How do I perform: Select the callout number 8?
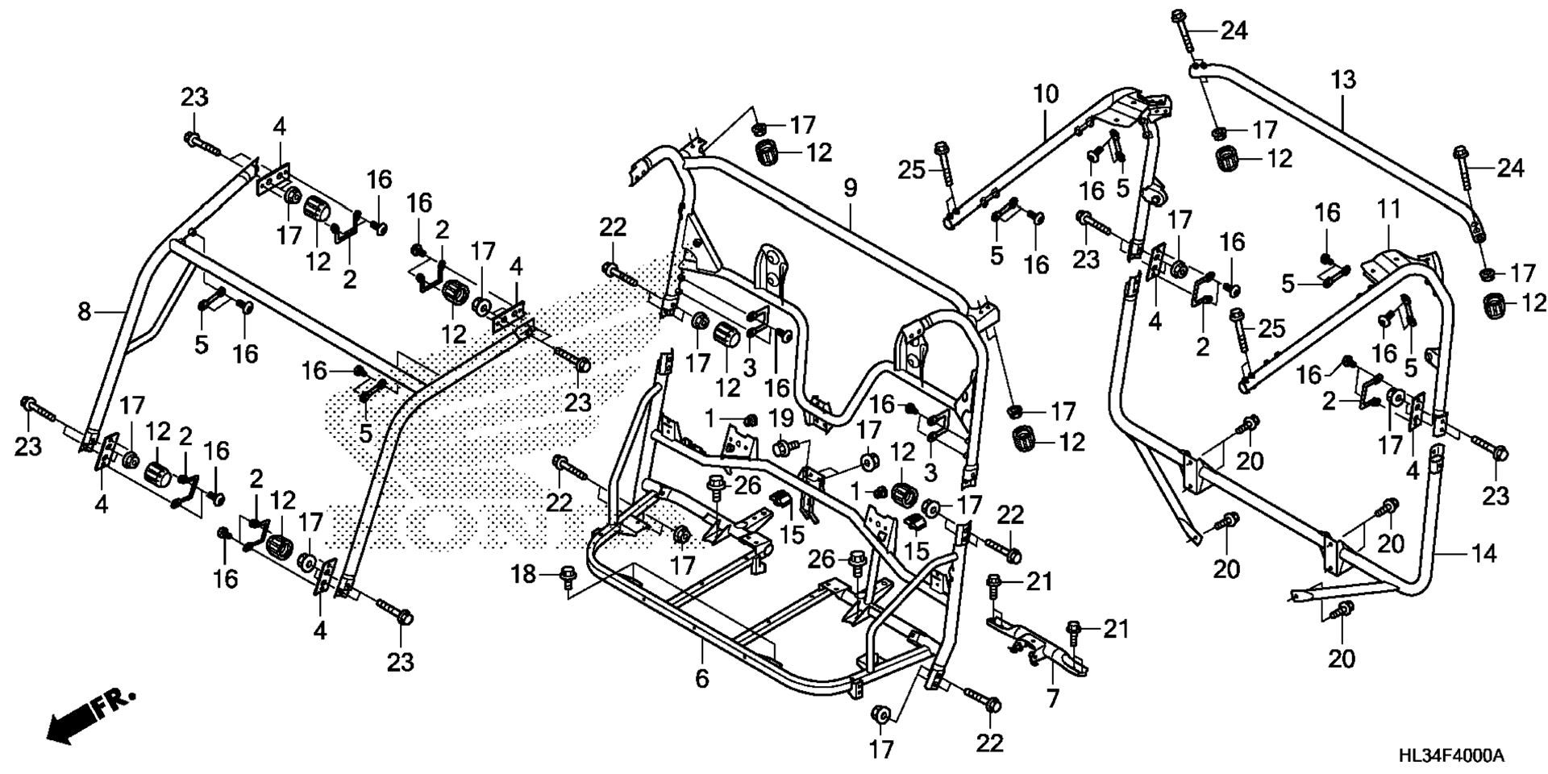pyautogui.click(x=85, y=311)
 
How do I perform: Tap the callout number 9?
pyautogui.click(x=850, y=189)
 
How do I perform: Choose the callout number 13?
pyautogui.click(x=1343, y=80)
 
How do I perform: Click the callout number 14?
pyautogui.click(x=1484, y=553)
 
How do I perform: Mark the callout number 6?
pyautogui.click(x=701, y=679)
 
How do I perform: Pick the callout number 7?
pyautogui.click(x=1053, y=698)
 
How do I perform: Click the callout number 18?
pyautogui.click(x=524, y=574)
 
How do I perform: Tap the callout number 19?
pyautogui.click(x=781, y=418)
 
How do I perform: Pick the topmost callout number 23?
pyautogui.click(x=193, y=98)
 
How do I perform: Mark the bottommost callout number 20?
pyautogui.click(x=1342, y=658)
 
